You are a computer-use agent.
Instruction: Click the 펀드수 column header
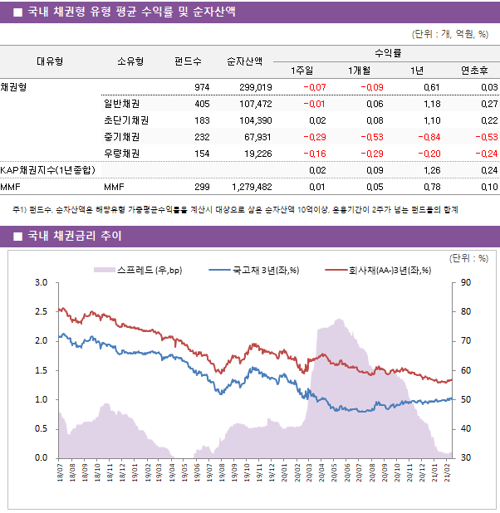pos(188,61)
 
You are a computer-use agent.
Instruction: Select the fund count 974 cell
pos(202,87)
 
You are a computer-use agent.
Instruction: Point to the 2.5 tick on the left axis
pos(41,312)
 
